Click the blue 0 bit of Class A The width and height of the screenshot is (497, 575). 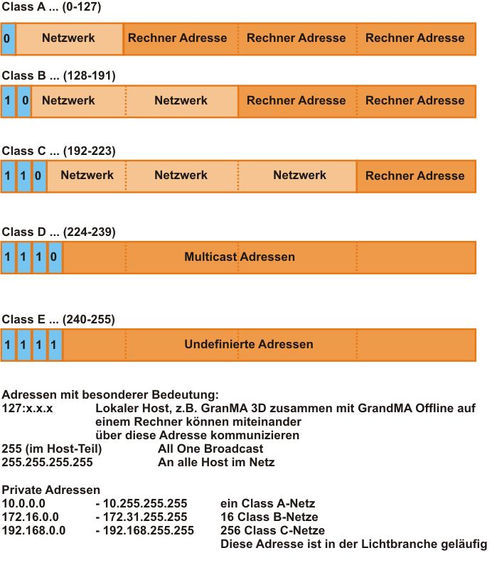click(x=8, y=38)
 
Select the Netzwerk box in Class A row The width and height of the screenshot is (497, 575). click(x=69, y=38)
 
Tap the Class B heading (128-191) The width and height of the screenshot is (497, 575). click(x=58, y=75)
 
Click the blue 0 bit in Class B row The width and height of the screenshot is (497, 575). click(x=23, y=101)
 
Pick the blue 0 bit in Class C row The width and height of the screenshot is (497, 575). click(x=39, y=176)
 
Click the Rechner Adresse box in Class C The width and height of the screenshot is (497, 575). click(x=415, y=176)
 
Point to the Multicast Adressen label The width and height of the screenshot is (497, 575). click(x=239, y=256)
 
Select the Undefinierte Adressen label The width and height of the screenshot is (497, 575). click(x=248, y=344)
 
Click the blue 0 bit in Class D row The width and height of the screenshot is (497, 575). click(x=55, y=256)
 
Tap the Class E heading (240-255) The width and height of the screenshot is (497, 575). click(x=58, y=320)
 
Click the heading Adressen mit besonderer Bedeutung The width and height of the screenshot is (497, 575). click(x=109, y=394)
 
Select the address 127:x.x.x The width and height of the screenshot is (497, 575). click(x=32, y=408)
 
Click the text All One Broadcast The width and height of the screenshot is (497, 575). click(x=210, y=448)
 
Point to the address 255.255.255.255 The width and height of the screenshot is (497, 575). click(x=47, y=462)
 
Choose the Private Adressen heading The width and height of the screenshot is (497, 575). click(x=51, y=490)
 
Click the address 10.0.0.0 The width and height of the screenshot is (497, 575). click(x=30, y=503)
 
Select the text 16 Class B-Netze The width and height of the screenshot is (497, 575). click(x=269, y=517)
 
